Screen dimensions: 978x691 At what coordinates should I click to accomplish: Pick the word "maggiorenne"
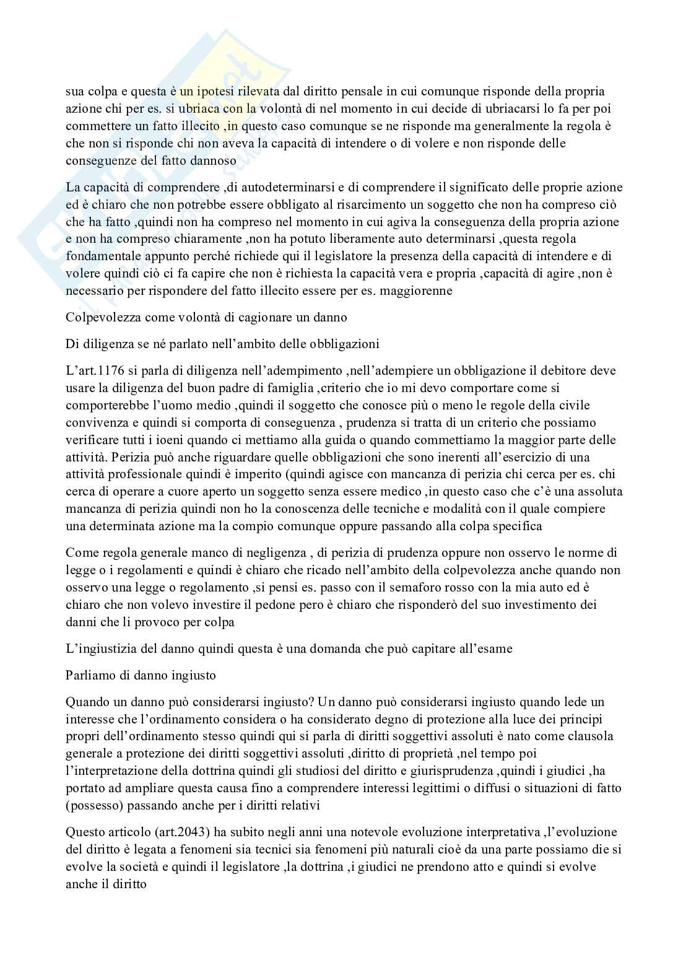tap(419, 290)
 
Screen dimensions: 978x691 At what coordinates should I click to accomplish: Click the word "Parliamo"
tap(89, 675)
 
